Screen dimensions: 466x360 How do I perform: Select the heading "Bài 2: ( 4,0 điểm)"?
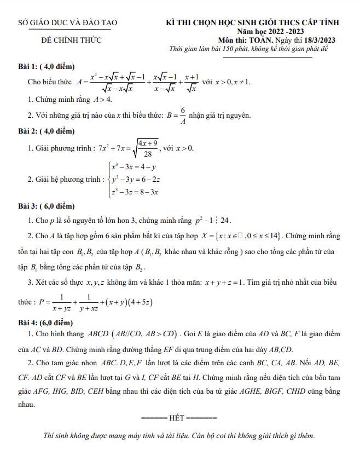[x=45, y=131]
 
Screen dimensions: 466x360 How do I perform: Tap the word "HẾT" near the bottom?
[x=177, y=418]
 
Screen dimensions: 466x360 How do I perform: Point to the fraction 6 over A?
[x=183, y=116]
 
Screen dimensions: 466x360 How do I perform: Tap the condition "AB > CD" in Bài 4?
[x=158, y=333]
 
